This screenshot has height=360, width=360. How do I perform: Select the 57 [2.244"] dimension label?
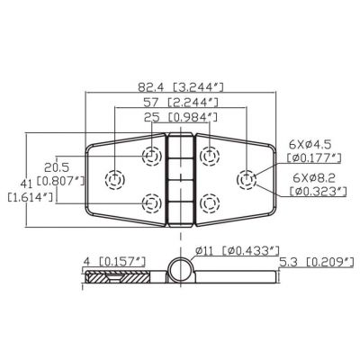coord(181,103)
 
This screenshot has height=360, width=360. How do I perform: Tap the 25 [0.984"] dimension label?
coord(181,117)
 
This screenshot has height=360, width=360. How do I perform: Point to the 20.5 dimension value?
coord(57,166)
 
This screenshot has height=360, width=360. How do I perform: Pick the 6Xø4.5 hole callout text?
coord(310,145)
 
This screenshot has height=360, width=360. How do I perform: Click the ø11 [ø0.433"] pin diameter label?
coord(238,250)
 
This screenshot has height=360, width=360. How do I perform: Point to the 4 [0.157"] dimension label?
coord(114,261)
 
